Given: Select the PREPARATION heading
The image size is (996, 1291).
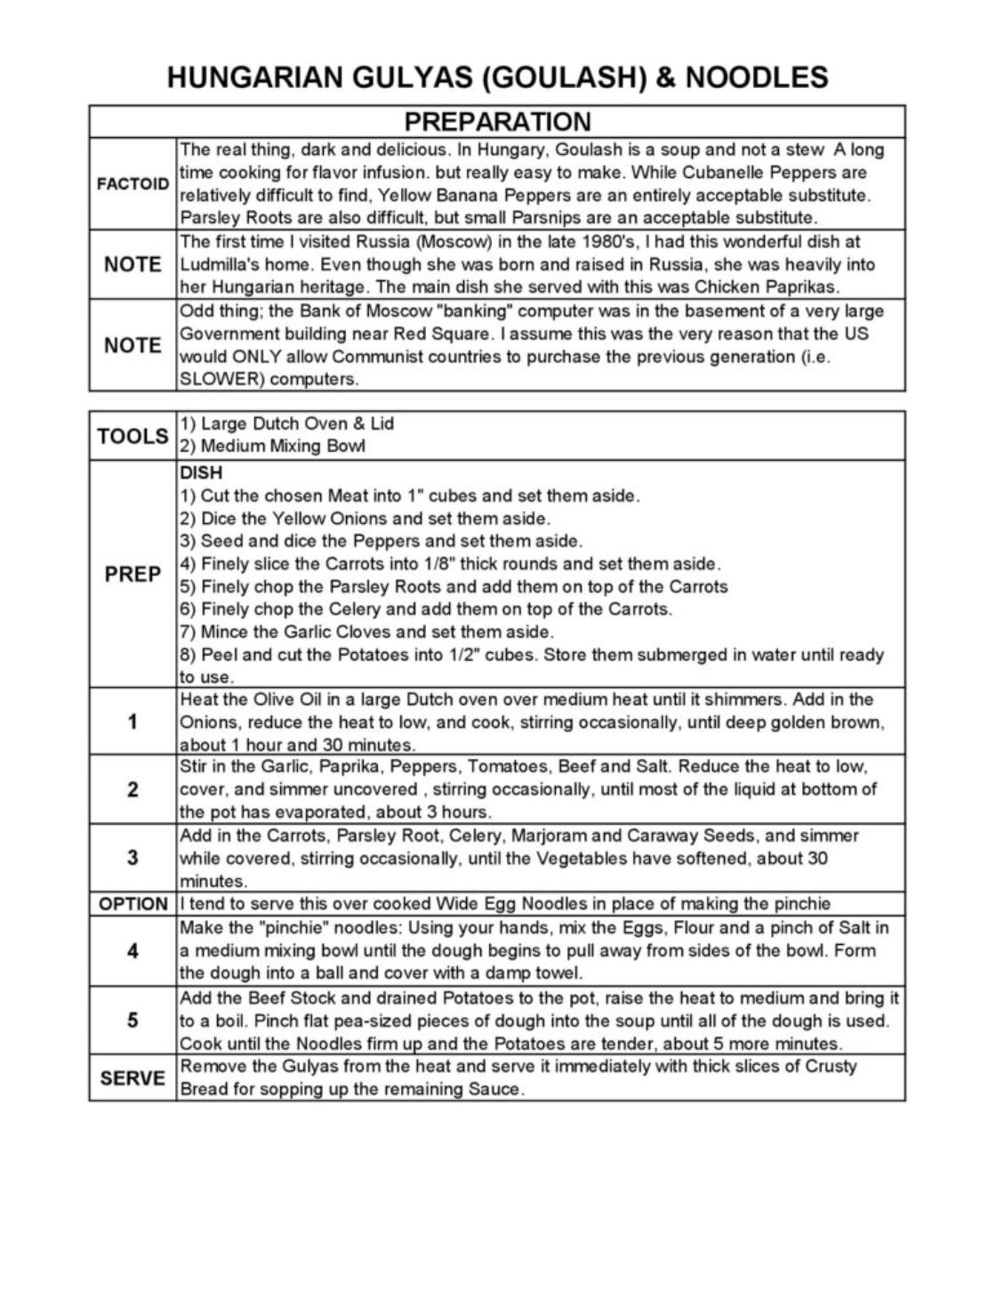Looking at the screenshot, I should pyautogui.click(x=497, y=122).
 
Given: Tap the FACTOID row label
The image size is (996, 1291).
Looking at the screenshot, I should pyautogui.click(x=133, y=184).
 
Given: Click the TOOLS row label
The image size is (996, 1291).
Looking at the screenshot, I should pyautogui.click(x=133, y=435).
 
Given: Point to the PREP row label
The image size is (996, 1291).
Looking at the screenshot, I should pyautogui.click(x=133, y=575).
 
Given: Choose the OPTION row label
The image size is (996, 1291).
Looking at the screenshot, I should pyautogui.click(x=133, y=905).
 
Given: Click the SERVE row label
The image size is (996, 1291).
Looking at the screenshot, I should pyautogui.click(x=133, y=1078).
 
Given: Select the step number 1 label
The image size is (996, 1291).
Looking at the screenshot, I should pyautogui.click(x=133, y=722).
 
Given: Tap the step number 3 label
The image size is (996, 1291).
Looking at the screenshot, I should pyautogui.click(x=133, y=858).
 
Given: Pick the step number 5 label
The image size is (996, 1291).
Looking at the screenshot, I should pyautogui.click(x=133, y=1020).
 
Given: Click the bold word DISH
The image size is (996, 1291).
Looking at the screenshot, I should pyautogui.click(x=201, y=472).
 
